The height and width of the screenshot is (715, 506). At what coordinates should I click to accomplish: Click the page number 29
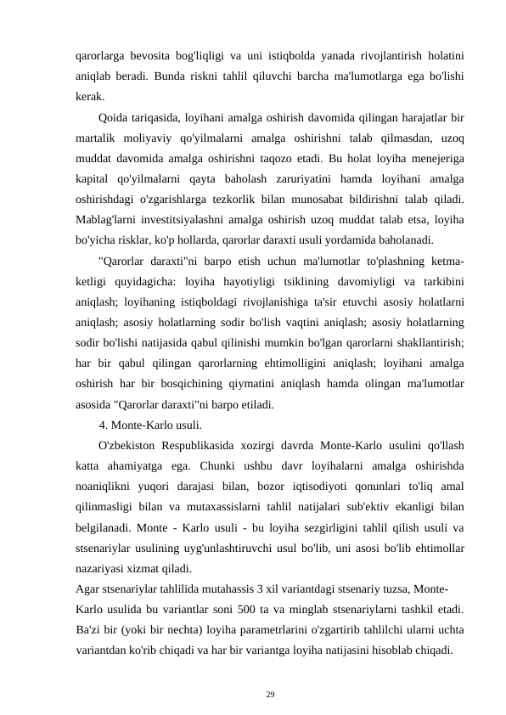[x=270, y=694]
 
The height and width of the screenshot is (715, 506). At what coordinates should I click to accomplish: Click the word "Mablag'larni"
[x=107, y=220]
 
